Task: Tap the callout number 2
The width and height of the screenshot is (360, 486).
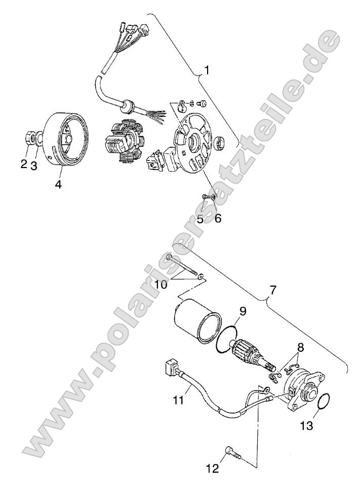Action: (x=24, y=164)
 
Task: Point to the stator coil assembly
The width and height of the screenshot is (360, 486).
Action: (x=121, y=142)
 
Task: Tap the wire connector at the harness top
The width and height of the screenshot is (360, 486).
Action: (x=137, y=31)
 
